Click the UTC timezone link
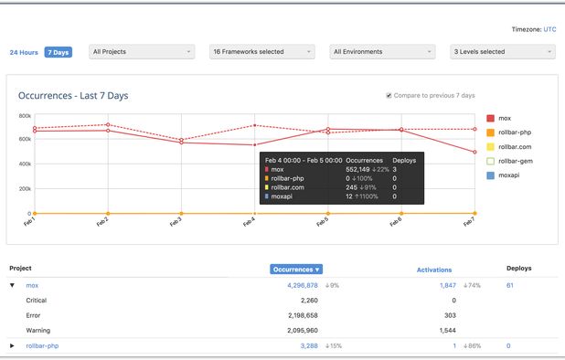549,29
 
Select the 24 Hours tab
24,52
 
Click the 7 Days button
59,52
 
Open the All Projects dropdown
143,52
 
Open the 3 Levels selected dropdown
502,52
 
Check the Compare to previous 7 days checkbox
389,95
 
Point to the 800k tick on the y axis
25,116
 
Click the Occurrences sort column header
296,269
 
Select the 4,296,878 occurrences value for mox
303,285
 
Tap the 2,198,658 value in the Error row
300,314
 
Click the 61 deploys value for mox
509,285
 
